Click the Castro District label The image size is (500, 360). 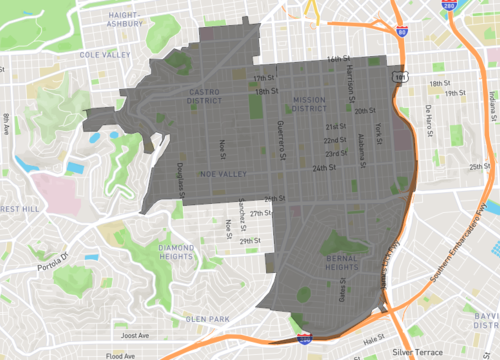[211, 96]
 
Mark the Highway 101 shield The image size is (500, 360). [400, 74]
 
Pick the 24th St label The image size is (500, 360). [323, 168]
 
